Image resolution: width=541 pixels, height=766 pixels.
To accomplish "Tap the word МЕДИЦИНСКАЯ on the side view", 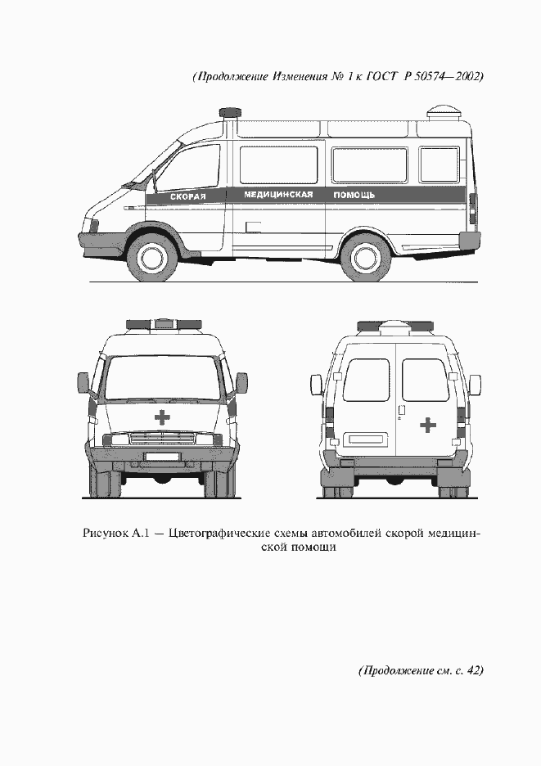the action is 278,196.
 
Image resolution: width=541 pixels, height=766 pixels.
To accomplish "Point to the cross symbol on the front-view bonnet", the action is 163,417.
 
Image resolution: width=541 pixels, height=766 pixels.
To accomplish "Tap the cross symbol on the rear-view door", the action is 427,425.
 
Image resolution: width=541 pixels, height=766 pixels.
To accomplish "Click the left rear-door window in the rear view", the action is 366,380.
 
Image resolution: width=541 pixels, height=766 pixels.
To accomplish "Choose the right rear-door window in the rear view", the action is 425,380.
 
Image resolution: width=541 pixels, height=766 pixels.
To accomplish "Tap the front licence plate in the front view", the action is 162,454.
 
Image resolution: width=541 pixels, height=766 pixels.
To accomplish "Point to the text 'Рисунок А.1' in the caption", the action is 115,534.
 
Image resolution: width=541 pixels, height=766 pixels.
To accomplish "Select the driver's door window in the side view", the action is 188,169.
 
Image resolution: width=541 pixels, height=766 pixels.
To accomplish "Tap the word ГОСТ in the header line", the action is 386,77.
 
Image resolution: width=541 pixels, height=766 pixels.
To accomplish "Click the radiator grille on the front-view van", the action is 162,439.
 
